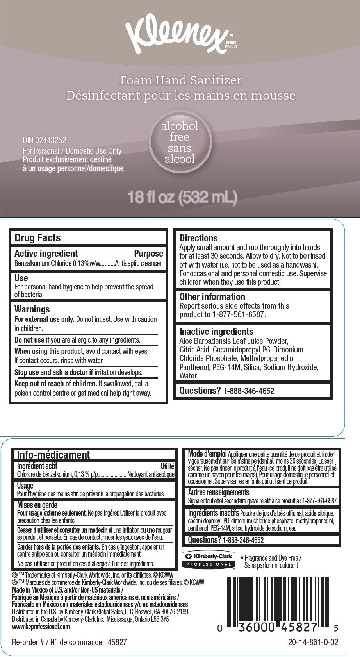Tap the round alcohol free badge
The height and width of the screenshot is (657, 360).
180,142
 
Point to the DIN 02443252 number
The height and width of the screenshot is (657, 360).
45,140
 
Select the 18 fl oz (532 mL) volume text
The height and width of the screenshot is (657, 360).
182,197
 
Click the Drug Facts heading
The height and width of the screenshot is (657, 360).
37,238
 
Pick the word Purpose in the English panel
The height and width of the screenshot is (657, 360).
149,254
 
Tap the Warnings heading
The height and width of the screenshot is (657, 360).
32,309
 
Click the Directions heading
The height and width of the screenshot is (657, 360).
198,238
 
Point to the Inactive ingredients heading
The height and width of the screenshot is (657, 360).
216,332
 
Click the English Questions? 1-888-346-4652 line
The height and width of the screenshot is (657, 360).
226,391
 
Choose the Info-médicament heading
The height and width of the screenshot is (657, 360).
53,455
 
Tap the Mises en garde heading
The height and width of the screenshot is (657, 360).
37,505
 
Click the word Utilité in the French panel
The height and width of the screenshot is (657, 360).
168,466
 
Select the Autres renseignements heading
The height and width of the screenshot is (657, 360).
218,492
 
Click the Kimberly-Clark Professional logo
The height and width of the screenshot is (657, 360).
209,560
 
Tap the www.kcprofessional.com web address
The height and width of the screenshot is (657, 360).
41,627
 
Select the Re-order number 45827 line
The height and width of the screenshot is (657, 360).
69,642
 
